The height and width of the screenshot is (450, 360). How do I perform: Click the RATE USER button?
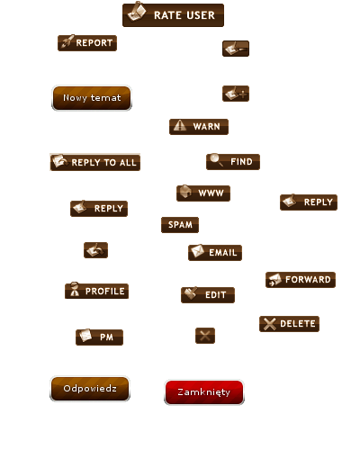(173, 15)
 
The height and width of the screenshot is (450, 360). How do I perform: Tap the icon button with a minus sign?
(236, 49)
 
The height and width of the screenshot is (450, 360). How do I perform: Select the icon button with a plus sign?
(236, 94)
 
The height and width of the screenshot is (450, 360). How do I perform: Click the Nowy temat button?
(92, 98)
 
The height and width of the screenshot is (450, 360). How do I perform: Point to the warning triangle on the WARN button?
(180, 125)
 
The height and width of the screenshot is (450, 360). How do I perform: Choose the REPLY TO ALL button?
(95, 162)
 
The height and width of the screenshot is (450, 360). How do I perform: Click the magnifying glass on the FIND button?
(216, 159)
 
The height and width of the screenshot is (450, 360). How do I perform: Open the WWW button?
(203, 193)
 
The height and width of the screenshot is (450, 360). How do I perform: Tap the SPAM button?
(180, 225)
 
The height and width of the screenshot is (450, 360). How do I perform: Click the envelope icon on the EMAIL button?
(197, 251)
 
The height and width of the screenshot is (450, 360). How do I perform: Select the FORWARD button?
(301, 280)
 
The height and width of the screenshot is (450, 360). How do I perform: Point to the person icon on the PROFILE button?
(75, 290)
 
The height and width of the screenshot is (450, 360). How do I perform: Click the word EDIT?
(215, 295)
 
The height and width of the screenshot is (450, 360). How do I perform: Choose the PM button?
(99, 337)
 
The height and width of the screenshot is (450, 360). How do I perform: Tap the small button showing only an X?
(205, 336)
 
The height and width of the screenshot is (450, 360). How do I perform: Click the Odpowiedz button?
(90, 389)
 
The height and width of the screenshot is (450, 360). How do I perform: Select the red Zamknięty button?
(204, 392)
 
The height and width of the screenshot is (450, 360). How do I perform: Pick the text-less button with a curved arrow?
(95, 250)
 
